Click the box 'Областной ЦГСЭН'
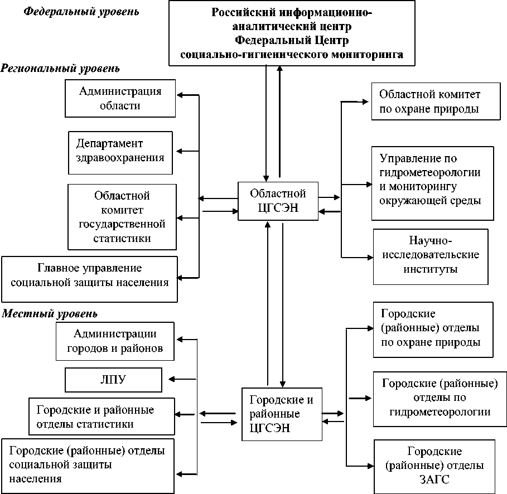click(278, 201)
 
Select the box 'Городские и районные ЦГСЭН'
click(281, 414)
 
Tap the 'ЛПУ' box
click(113, 380)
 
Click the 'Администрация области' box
click(120, 98)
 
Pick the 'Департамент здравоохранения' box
click(120, 149)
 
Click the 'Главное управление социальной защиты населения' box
click(89, 275)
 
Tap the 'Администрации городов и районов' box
click(115, 342)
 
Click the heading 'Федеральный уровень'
click(81, 12)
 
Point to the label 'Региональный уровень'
click(60, 69)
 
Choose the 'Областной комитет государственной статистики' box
click(122, 217)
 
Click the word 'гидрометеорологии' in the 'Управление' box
click(429, 172)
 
